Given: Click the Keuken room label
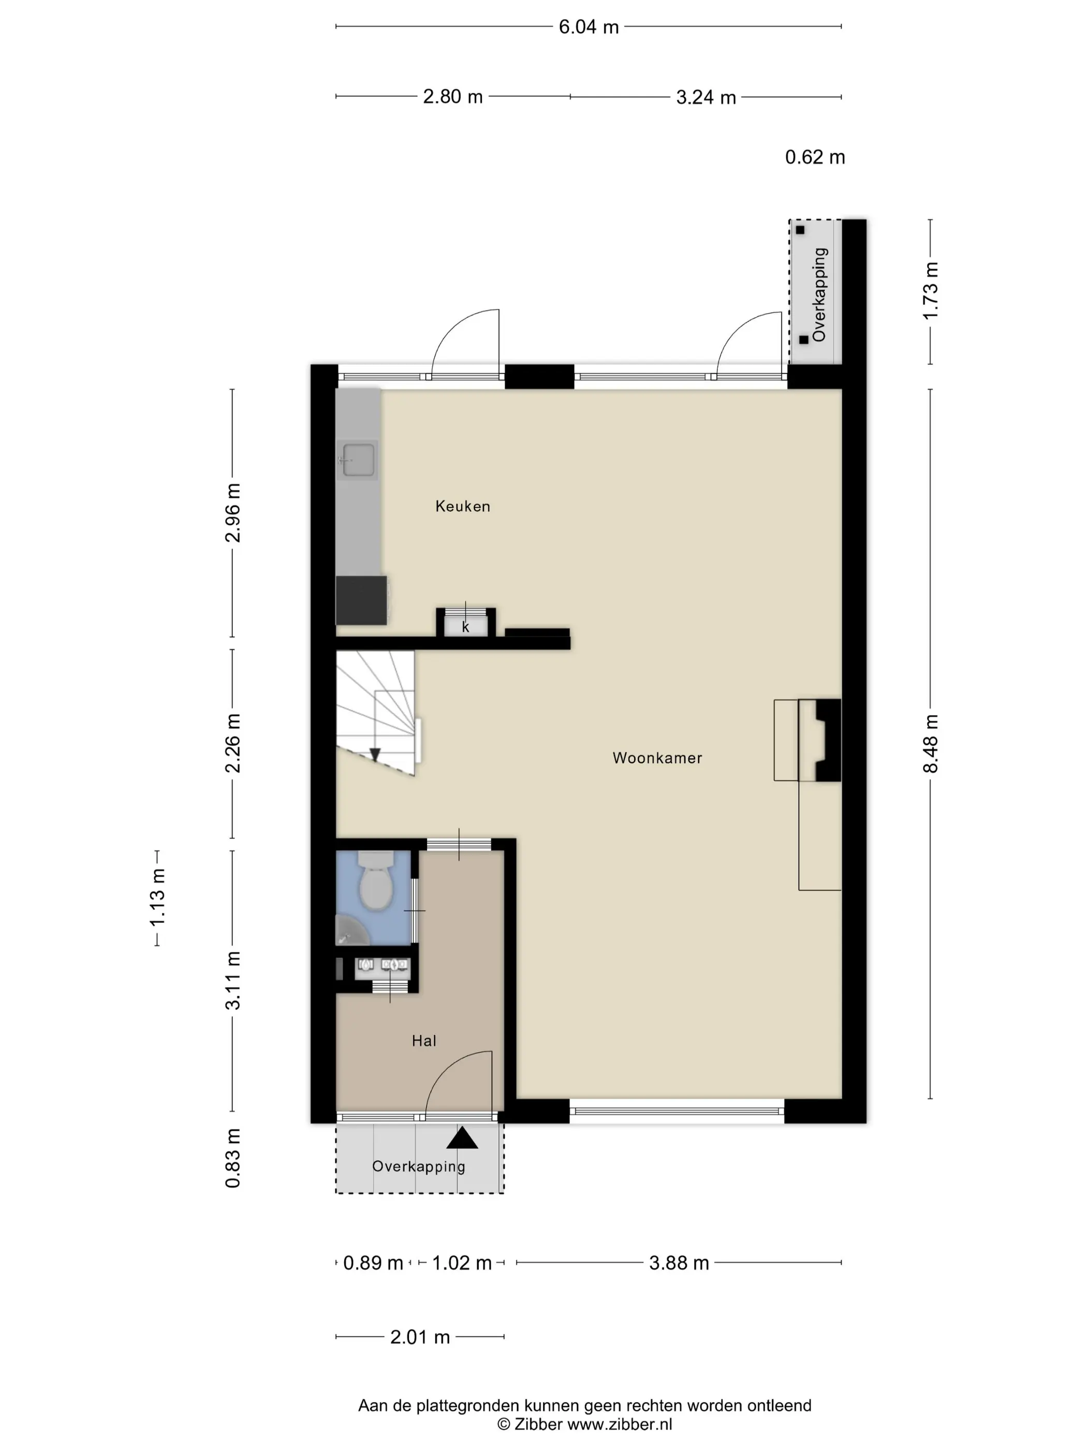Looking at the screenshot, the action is [x=463, y=506].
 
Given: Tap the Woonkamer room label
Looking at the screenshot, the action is [x=657, y=758].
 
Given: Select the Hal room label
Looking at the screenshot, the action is [x=424, y=1041].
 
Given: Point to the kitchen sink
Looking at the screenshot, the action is [x=358, y=460].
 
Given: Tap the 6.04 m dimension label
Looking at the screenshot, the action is [x=589, y=27].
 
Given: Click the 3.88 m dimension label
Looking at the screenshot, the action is [x=679, y=1263].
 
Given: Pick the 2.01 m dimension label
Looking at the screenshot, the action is [x=420, y=1337].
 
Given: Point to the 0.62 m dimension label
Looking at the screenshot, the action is [x=815, y=157].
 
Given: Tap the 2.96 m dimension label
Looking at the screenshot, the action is [x=232, y=512].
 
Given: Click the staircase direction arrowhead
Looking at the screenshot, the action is [x=375, y=755].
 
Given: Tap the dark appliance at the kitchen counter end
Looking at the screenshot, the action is [x=361, y=600].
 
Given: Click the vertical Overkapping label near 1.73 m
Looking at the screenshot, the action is [x=819, y=295].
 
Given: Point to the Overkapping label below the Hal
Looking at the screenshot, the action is [x=419, y=1166].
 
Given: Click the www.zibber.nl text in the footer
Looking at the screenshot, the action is [x=619, y=1425].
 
